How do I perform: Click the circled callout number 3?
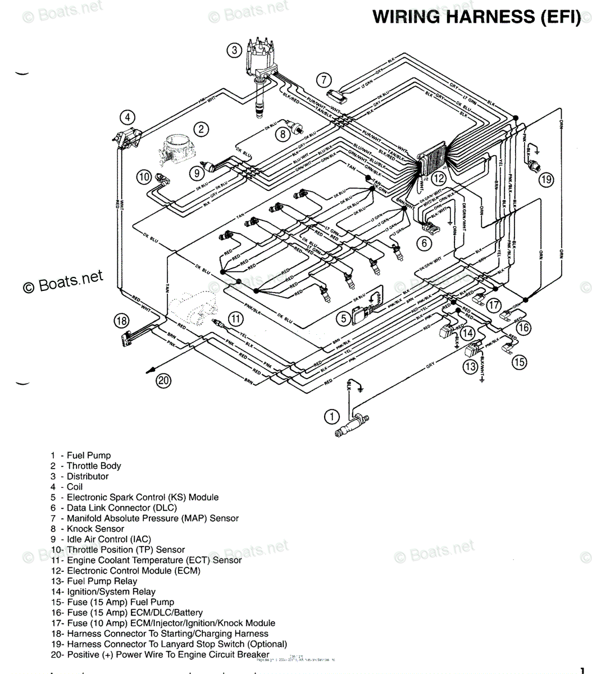point(234,50)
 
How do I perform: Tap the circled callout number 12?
point(439,179)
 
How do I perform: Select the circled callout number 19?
point(546,180)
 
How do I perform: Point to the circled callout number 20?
point(163,381)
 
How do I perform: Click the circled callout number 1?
point(332,417)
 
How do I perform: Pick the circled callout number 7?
point(324,80)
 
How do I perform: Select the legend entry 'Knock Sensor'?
point(95,529)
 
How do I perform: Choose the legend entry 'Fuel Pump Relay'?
point(101,581)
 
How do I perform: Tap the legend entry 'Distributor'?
point(87,476)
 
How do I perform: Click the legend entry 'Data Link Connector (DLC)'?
point(121,508)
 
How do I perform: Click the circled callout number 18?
point(121,321)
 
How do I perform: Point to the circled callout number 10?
point(144,177)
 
